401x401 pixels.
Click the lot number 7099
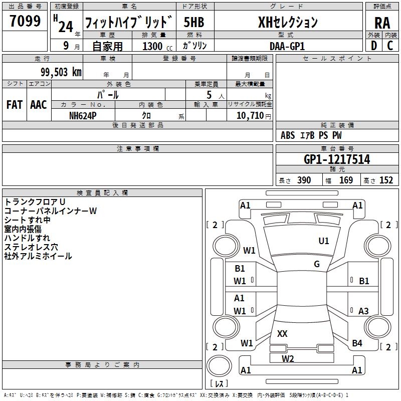(x=25, y=21)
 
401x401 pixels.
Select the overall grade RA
(x=382, y=23)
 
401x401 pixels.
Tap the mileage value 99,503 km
(x=61, y=72)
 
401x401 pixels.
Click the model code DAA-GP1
(x=287, y=46)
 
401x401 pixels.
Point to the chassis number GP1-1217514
(x=337, y=159)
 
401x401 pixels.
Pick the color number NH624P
(x=83, y=116)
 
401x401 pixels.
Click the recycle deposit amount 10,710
(x=250, y=116)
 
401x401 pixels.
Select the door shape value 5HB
(x=194, y=22)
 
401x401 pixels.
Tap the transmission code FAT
(x=15, y=105)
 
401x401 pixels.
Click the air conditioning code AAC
(x=39, y=105)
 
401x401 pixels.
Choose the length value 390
(x=304, y=180)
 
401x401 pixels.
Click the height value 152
(x=386, y=180)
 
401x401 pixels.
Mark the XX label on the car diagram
(x=282, y=333)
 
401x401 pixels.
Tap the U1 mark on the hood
(x=324, y=241)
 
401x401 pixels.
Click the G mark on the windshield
(x=317, y=264)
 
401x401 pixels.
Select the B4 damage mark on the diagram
(x=357, y=343)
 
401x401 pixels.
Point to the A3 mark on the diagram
(x=363, y=311)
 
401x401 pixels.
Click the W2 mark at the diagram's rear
(x=288, y=358)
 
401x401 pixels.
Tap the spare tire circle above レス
(x=219, y=366)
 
